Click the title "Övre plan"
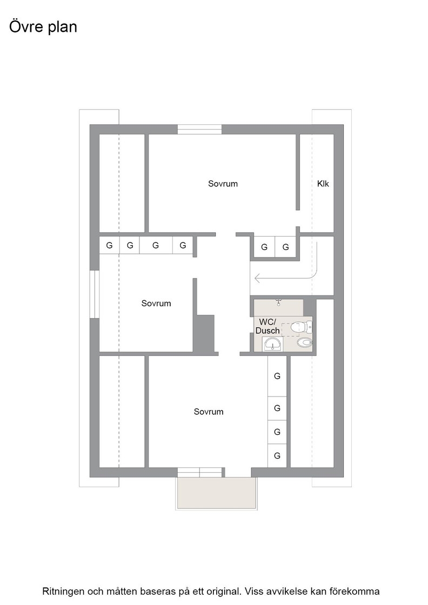click(43, 27)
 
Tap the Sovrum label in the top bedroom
click(223, 184)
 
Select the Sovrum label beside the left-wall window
click(156, 303)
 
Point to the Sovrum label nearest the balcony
click(209, 412)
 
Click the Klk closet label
click(323, 184)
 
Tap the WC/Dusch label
click(267, 326)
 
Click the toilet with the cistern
click(301, 327)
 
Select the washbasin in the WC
click(273, 344)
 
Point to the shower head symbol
click(279, 302)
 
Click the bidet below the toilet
click(305, 342)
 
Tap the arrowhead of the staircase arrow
click(257, 278)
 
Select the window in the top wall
click(199, 129)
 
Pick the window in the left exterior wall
click(95, 294)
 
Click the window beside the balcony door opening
click(200, 472)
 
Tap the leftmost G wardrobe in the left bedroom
click(109, 245)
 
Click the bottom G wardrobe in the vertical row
click(277, 456)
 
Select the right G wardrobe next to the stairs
click(285, 247)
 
